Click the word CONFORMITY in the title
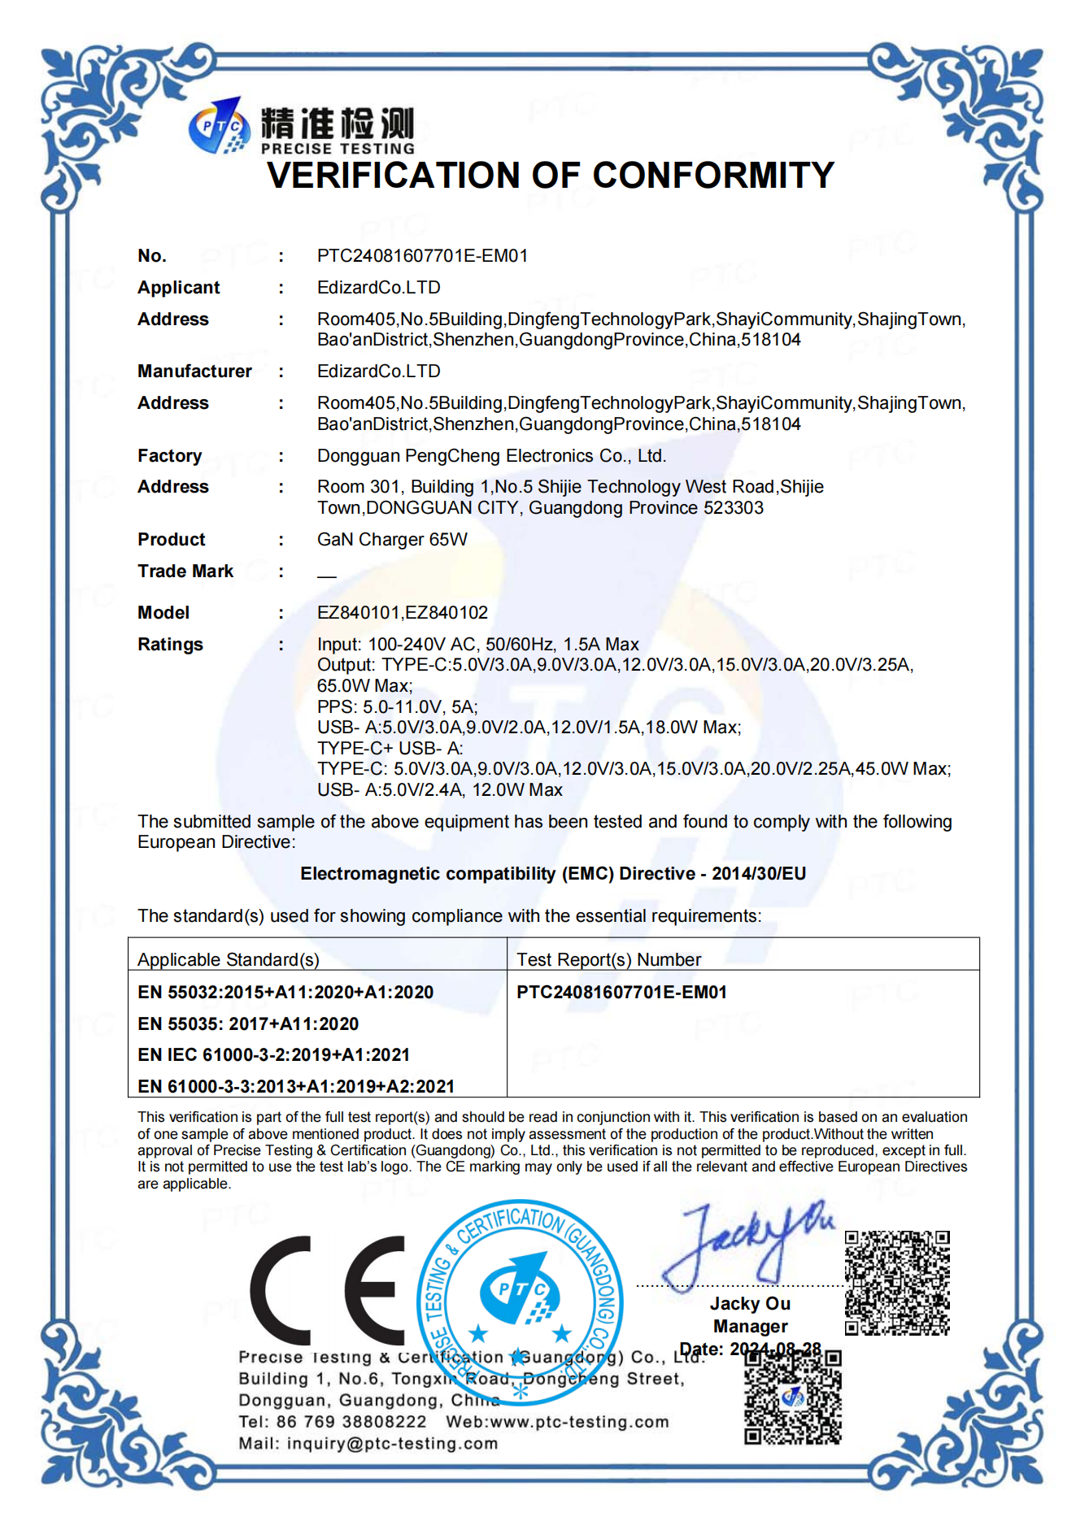point(712,176)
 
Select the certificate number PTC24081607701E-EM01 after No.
point(422,256)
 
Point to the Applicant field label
point(178,288)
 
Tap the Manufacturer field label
point(194,372)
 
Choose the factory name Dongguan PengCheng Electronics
point(491,456)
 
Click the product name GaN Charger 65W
point(392,540)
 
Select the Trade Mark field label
point(185,571)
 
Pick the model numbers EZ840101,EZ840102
point(403,613)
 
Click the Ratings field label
point(170,645)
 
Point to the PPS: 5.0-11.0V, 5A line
point(397,707)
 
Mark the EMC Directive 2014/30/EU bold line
point(553,874)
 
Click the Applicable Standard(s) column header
point(228,960)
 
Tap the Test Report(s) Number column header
point(608,960)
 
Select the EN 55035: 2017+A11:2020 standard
point(248,1024)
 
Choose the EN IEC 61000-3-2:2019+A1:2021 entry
point(273,1055)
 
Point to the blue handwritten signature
point(744,1244)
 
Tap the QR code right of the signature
point(897,1283)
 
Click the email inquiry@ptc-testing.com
point(392,1444)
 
